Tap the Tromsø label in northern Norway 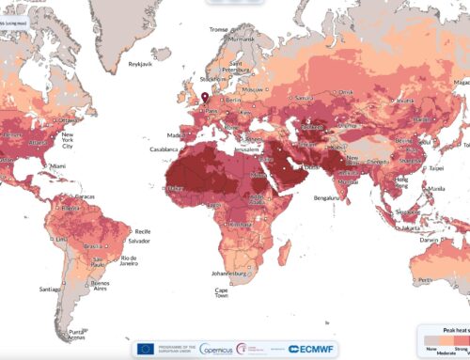(221, 28)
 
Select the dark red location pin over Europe (205, 97)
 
